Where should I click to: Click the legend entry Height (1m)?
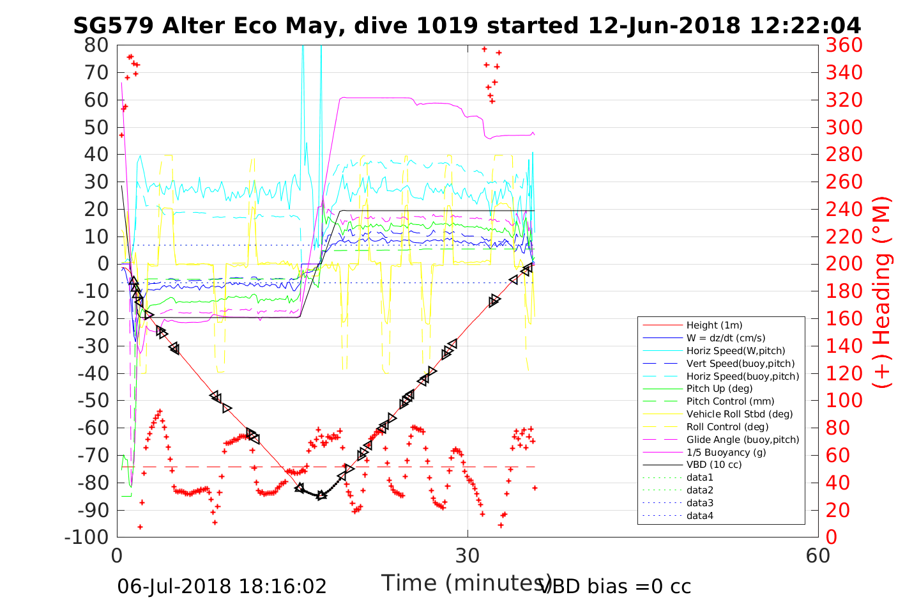(x=714, y=325)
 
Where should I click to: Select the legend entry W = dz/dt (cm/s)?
(x=726, y=338)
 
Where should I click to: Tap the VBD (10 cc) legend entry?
(x=714, y=465)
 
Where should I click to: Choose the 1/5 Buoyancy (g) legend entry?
(x=726, y=452)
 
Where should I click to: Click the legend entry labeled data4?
(x=699, y=516)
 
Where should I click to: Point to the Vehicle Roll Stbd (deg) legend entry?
(x=740, y=414)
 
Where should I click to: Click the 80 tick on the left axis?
(x=97, y=45)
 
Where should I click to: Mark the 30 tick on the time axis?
(x=468, y=555)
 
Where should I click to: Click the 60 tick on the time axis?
(x=818, y=555)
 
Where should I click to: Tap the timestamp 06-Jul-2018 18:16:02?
(x=222, y=586)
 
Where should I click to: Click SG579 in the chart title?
(x=113, y=26)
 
